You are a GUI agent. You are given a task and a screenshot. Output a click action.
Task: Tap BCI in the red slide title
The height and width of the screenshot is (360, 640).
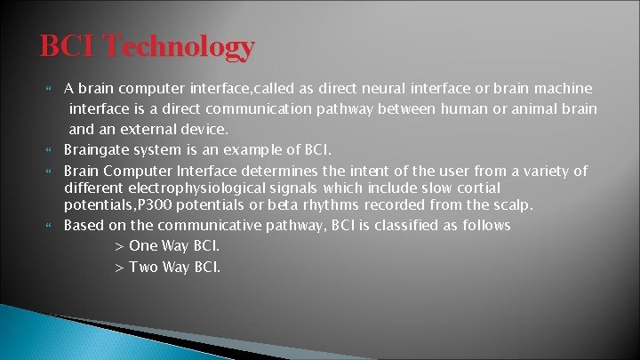(x=69, y=45)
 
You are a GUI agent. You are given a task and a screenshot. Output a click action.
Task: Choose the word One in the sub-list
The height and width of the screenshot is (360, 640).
(x=143, y=245)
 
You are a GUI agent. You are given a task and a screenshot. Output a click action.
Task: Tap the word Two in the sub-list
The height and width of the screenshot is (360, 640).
(x=143, y=267)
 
